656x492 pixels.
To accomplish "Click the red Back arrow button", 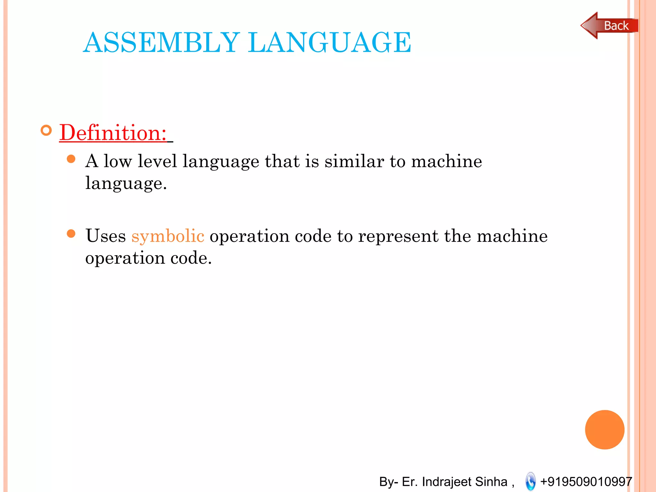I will tap(609, 26).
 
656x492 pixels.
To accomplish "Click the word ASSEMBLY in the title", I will tap(161, 42).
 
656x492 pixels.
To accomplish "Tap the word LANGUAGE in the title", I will tap(330, 42).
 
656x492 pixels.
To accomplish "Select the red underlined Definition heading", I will tap(113, 133).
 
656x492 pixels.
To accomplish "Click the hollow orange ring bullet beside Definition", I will tap(46, 130).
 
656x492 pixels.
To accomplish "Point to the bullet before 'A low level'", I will tap(71, 159).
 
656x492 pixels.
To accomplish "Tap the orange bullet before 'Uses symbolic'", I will tap(71, 234).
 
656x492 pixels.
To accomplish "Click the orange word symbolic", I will tap(168, 236).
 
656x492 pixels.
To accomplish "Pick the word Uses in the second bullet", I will tap(106, 236).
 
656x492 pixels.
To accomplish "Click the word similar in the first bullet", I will tap(354, 161).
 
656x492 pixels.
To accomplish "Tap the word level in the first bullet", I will tap(157, 161).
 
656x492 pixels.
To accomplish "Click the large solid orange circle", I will tap(604, 430).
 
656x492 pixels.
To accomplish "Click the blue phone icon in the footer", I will tap(530, 481).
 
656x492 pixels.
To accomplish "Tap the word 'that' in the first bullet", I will tap(282, 161).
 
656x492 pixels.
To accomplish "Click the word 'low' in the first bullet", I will tap(118, 161).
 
